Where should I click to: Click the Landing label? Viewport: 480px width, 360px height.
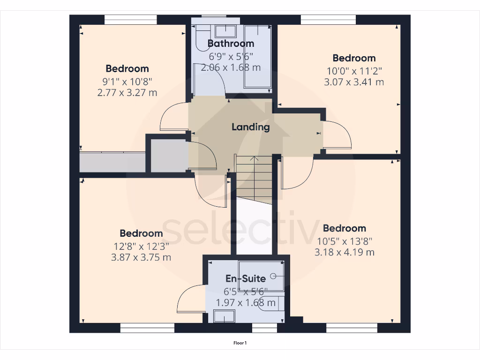(x=251, y=127)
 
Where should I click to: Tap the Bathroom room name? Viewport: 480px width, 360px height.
(x=231, y=44)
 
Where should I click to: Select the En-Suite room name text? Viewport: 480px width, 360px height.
(x=246, y=278)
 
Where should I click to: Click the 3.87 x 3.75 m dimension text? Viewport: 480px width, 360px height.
(x=141, y=257)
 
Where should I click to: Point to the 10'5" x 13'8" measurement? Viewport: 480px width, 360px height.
(x=344, y=241)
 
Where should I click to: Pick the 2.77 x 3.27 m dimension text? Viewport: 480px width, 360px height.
(x=127, y=92)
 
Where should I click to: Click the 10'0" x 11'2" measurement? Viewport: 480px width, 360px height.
(x=354, y=71)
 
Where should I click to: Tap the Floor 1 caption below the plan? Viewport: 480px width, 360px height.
(x=240, y=343)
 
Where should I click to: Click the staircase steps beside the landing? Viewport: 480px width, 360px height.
(x=254, y=178)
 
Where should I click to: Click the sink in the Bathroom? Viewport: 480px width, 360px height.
(x=225, y=31)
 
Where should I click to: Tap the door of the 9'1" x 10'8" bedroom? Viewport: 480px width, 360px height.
(x=174, y=117)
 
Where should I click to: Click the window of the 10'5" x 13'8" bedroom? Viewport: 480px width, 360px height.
(x=352, y=328)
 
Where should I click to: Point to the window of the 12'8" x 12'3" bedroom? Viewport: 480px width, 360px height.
(x=147, y=328)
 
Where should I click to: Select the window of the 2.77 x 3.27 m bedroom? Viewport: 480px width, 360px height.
(x=130, y=19)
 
